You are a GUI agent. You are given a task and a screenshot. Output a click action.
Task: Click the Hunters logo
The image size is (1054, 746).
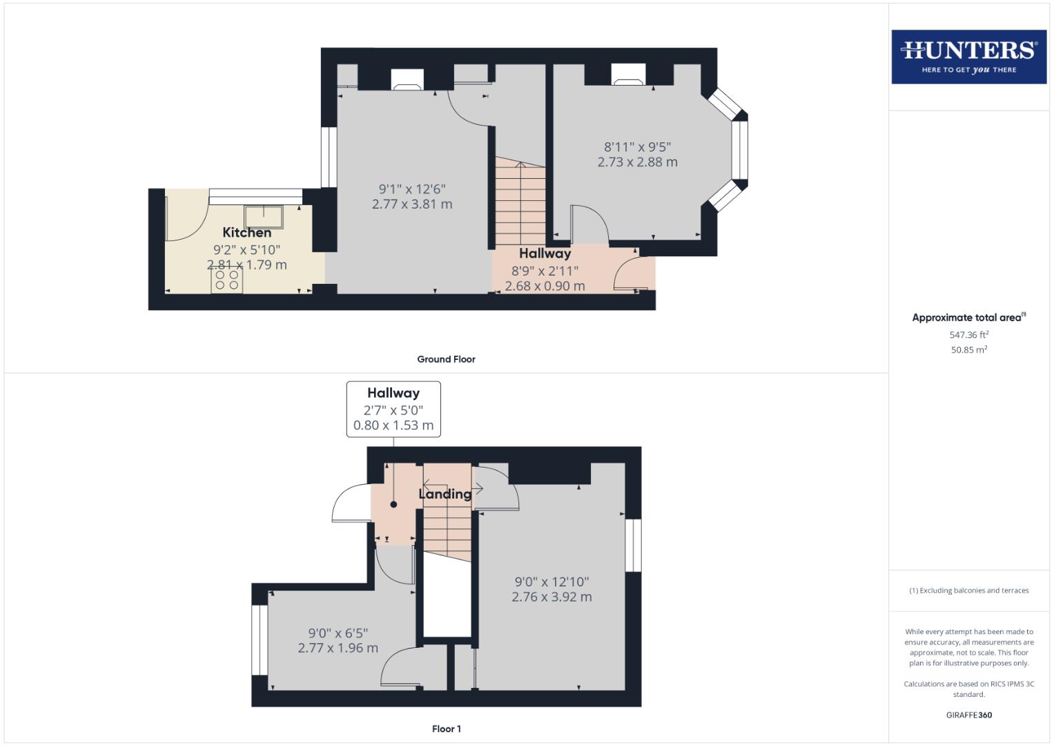(x=968, y=57)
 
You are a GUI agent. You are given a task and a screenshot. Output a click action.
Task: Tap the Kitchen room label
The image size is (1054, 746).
(x=246, y=233)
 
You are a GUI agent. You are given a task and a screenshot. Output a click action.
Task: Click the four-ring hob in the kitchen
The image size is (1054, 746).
(x=226, y=280)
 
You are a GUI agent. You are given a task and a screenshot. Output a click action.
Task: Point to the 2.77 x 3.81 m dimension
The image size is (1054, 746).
(x=412, y=204)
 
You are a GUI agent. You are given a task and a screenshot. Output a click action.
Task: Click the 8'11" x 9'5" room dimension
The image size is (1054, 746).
(x=637, y=146)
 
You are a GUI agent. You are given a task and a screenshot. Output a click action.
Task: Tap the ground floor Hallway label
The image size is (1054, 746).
(x=545, y=254)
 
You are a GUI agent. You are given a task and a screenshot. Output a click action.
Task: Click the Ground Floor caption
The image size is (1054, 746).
(x=446, y=359)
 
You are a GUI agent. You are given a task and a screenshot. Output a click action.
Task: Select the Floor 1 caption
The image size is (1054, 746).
(x=446, y=729)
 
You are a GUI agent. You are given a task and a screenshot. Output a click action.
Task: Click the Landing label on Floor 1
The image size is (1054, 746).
(x=445, y=494)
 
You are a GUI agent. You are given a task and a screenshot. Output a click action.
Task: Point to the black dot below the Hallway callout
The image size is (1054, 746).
(x=393, y=504)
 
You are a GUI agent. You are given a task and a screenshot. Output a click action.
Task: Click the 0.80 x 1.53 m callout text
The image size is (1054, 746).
(x=393, y=425)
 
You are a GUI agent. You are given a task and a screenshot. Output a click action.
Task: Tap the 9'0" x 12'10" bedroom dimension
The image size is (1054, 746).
(x=552, y=582)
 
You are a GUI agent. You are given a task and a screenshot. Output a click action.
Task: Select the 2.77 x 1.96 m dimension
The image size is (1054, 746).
(x=338, y=648)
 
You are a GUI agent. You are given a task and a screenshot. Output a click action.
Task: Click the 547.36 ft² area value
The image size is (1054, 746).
(x=968, y=335)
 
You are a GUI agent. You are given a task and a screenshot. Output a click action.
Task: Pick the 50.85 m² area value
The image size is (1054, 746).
(x=968, y=350)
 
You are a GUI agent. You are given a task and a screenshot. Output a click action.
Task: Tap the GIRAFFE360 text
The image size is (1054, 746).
(x=968, y=715)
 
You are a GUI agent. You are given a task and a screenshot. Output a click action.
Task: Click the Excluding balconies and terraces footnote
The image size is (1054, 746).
(x=968, y=591)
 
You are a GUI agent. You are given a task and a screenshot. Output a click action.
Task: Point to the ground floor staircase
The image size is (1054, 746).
(x=520, y=200)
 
